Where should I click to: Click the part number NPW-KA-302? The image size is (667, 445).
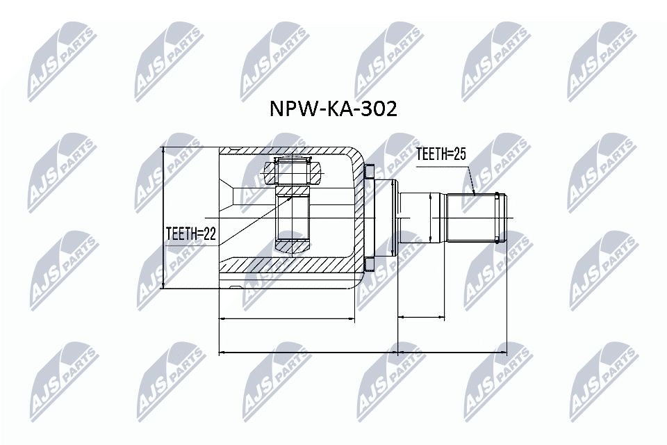coord(333,109)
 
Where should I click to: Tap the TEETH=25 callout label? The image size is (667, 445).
coord(440,154)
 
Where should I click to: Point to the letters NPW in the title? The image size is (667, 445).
coord(288,109)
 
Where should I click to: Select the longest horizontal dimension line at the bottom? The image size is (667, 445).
coord(362,352)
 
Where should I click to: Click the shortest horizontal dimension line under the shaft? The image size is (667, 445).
coord(421,318)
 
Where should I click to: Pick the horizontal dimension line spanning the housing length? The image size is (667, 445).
coord(288,318)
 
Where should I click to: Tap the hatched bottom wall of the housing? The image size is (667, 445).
coord(292,266)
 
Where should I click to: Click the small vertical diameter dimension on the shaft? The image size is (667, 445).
coord(431,218)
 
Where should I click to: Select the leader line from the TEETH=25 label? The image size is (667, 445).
coord(470,178)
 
